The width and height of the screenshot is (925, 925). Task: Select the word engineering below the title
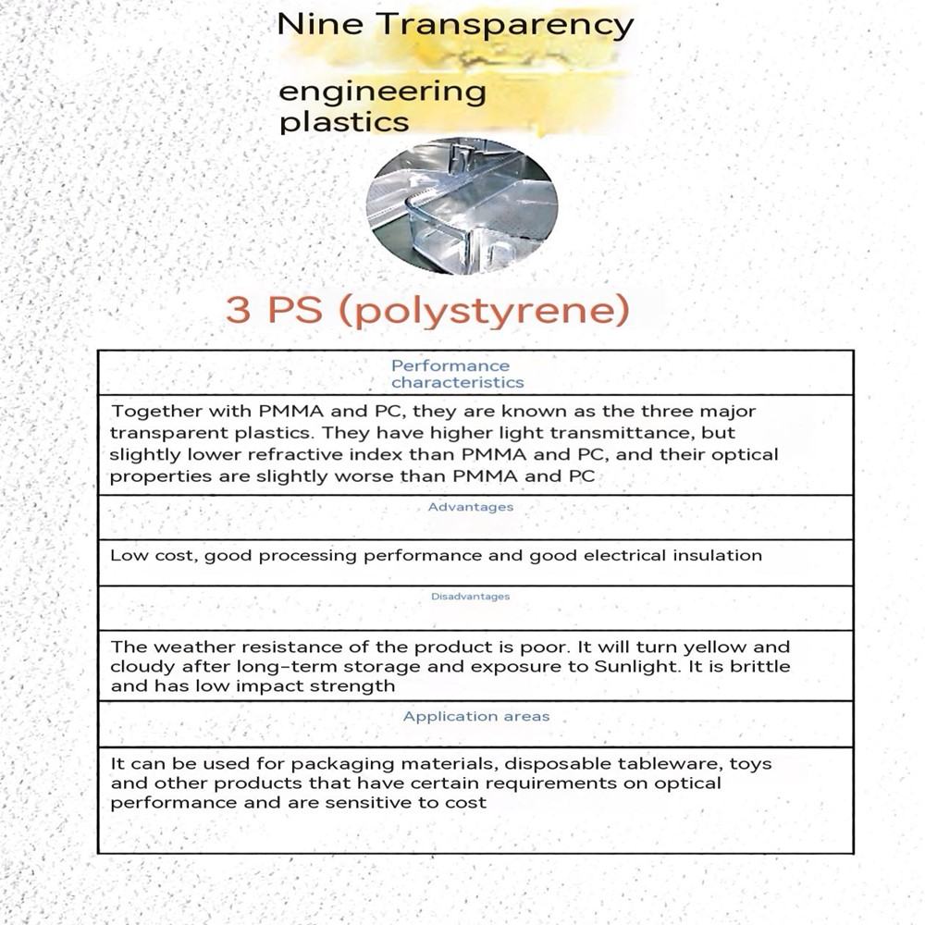(382, 93)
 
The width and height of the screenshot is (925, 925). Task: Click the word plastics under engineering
(343, 122)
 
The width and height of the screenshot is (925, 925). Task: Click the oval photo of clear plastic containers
(462, 205)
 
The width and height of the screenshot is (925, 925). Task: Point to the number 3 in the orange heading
(238, 311)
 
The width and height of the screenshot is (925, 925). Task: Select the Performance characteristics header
(456, 374)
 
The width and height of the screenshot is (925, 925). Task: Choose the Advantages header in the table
(471, 507)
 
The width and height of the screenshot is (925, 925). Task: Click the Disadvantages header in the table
(470, 597)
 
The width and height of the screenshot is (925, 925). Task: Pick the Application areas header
(475, 716)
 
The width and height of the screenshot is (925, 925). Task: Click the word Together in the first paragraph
(152, 412)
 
